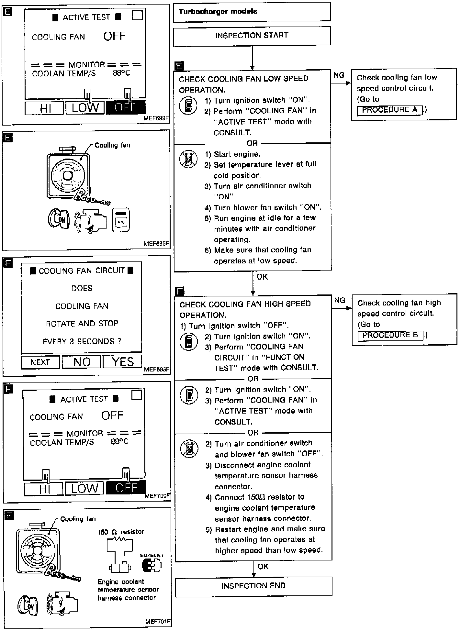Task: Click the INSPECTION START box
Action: coord(252,36)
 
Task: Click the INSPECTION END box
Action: coord(253,586)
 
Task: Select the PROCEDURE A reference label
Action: coord(390,110)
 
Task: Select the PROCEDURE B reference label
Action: coord(390,335)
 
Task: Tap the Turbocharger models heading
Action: coord(218,12)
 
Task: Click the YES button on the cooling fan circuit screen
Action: coord(122,362)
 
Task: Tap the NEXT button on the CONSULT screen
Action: coord(40,362)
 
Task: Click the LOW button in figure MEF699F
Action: coord(85,108)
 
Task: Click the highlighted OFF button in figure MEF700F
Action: coord(126,488)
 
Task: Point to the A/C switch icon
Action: coord(121,220)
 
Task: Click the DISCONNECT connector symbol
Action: coord(152,565)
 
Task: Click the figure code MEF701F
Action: coord(158,622)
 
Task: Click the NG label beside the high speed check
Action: coord(339,301)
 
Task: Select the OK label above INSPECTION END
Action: coord(263,567)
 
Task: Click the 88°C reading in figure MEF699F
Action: coord(121,73)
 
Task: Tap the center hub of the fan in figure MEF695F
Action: coord(68,176)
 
